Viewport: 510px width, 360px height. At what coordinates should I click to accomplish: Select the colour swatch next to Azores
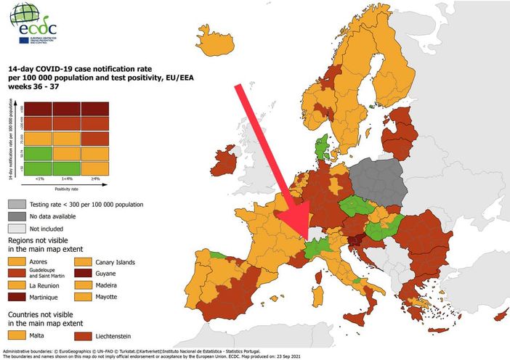(17, 261)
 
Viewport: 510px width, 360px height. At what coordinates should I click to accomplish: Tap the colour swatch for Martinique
(17, 297)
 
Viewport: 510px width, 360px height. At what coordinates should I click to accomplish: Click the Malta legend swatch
(17, 336)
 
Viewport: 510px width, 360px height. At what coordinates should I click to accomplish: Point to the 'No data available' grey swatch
(17, 216)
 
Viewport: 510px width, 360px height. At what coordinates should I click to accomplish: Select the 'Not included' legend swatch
(17, 228)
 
